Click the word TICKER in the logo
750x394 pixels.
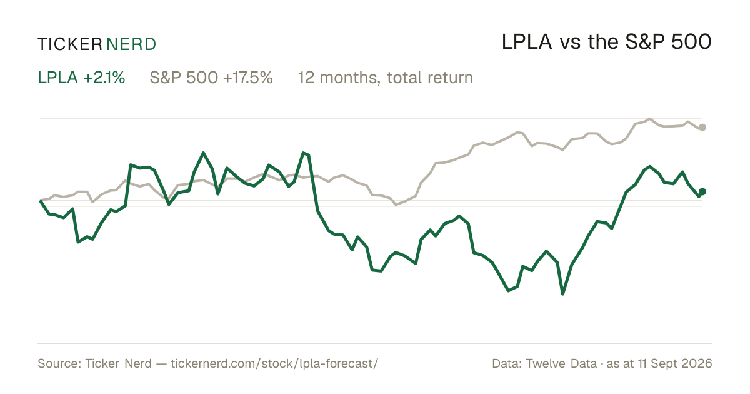coord(69,44)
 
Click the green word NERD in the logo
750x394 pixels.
coord(131,44)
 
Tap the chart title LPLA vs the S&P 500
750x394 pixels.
coord(606,43)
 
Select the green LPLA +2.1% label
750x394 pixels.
coord(81,78)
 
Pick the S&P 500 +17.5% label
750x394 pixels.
coord(211,78)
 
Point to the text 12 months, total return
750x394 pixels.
coord(386,78)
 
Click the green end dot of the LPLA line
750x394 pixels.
coord(702,191)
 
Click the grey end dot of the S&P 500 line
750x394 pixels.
coord(702,128)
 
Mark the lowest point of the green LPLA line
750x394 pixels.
coord(562,294)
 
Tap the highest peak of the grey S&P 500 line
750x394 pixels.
coord(650,119)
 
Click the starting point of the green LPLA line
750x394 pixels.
coord(41,200)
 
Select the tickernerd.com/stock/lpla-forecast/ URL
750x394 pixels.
coord(274,364)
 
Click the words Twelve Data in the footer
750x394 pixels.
coord(561,364)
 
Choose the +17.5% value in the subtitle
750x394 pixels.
coord(247,78)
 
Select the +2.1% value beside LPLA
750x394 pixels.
coord(104,78)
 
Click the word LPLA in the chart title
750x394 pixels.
coord(527,43)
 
